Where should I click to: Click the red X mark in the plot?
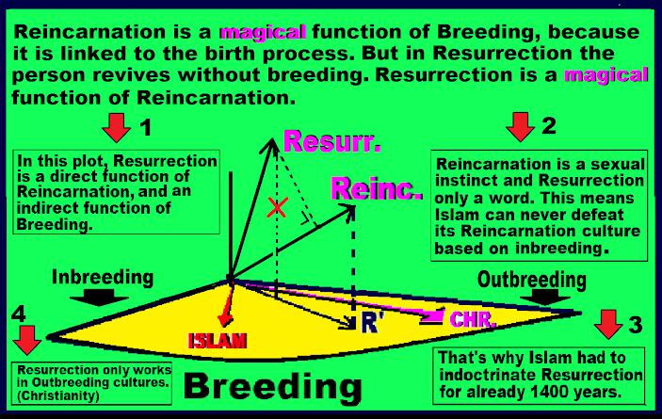[275, 209]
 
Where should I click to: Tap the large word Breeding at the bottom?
[273, 386]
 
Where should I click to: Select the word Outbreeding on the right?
[532, 280]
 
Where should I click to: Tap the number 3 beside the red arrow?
[636, 326]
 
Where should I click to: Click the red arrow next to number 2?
[520, 125]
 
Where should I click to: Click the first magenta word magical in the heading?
[253, 32]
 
